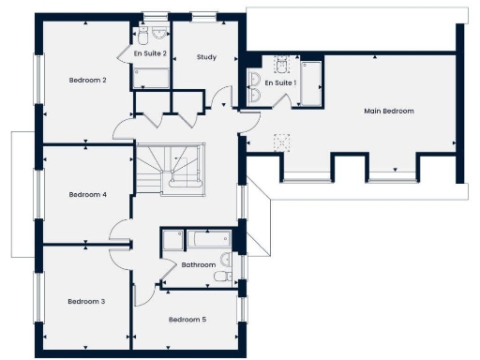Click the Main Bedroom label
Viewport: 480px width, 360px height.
(x=389, y=111)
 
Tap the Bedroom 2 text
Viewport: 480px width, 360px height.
(x=87, y=81)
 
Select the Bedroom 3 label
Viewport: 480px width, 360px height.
(x=86, y=301)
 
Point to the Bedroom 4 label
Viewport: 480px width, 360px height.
(x=87, y=195)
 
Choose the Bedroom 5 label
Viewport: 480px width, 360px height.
(x=187, y=320)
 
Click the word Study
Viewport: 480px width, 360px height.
(x=206, y=57)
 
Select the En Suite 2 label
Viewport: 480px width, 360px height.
(x=150, y=53)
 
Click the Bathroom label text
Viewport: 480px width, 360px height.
(x=199, y=265)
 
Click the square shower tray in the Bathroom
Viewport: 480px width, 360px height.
(x=172, y=240)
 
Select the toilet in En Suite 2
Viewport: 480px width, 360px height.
(x=143, y=33)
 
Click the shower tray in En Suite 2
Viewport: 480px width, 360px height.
(x=150, y=76)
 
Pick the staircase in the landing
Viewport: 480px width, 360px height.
(x=170, y=168)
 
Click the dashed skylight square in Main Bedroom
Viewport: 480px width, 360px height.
(x=280, y=141)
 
